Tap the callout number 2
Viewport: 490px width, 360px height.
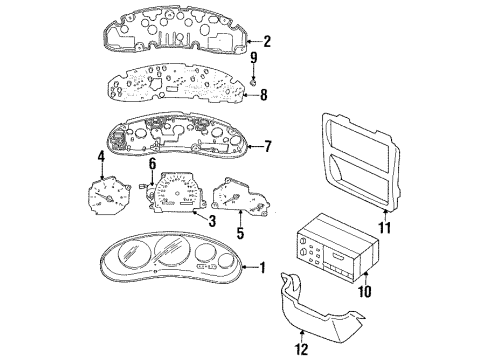click(267, 42)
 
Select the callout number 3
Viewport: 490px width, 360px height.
click(212, 220)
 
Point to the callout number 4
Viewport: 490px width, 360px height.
click(100, 157)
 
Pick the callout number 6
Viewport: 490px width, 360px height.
click(153, 163)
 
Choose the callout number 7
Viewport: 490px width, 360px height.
click(267, 148)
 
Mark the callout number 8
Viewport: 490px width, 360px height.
click(263, 97)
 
